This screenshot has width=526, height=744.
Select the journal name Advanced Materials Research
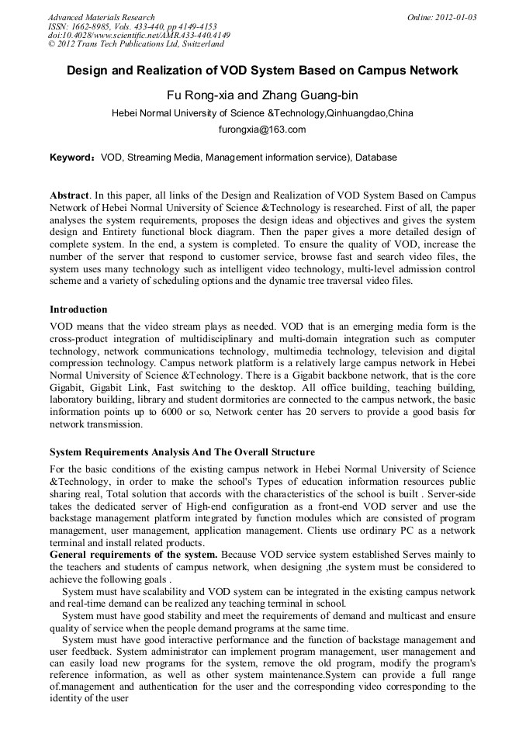[x=101, y=17]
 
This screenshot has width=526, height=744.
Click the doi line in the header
[x=139, y=35]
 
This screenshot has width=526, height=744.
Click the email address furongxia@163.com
[x=262, y=130]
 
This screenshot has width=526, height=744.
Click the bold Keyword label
[x=71, y=157]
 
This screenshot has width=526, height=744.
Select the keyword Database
[x=376, y=157]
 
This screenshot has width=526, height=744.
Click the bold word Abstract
[x=68, y=195]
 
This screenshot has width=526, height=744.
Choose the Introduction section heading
[x=78, y=310]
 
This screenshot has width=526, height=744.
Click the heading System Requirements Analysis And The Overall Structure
[x=182, y=452]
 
